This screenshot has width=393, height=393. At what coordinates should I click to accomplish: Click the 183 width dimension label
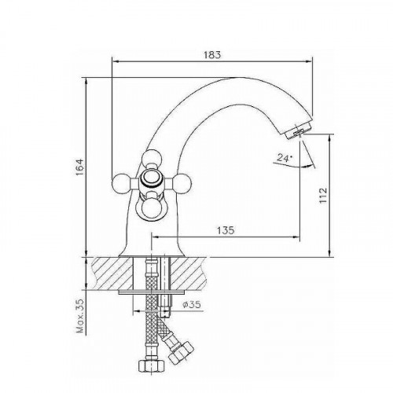212,55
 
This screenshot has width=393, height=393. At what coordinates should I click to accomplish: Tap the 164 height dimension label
79,167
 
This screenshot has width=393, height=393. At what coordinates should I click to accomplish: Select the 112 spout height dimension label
323,195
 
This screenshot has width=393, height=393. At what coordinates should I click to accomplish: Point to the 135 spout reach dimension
226,230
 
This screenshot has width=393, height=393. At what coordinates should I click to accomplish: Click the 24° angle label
285,157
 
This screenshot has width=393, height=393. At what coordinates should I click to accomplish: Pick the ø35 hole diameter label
192,304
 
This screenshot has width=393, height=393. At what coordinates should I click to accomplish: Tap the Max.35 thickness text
81,316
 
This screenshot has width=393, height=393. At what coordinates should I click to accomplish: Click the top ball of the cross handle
152,158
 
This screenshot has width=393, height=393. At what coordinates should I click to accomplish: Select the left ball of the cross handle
119,182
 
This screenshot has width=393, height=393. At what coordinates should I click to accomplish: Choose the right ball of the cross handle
182,182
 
